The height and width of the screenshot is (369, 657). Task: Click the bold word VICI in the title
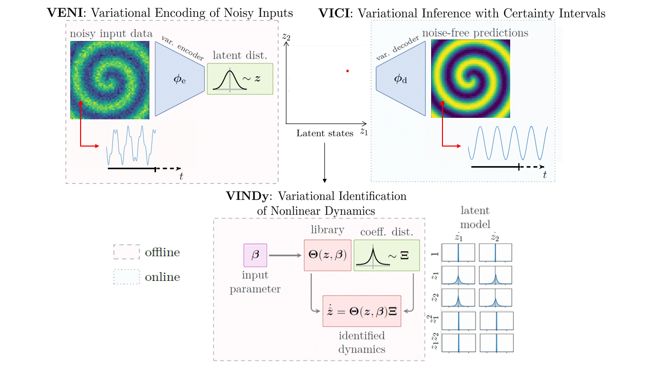(334, 13)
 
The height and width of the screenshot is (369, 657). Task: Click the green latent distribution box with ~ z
(240, 79)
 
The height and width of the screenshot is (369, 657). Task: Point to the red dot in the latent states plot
(347, 71)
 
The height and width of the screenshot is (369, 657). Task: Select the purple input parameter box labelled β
(255, 255)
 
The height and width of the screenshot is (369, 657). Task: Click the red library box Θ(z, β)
(327, 255)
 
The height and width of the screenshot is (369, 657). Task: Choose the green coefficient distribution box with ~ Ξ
(387, 255)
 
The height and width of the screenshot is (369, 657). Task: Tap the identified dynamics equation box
(361, 311)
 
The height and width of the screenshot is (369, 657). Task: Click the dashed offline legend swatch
(126, 253)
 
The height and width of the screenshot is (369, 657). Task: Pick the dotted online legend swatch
(126, 277)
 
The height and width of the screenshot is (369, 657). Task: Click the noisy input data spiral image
(110, 80)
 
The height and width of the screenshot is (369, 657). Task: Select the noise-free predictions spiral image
(471, 78)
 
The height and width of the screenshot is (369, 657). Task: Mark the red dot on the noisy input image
(81, 103)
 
